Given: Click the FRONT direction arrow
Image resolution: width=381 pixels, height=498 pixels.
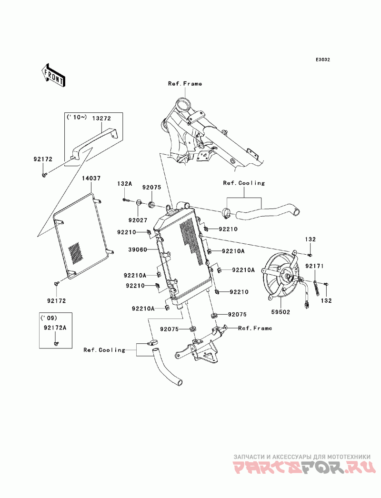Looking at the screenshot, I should pyautogui.click(x=54, y=74).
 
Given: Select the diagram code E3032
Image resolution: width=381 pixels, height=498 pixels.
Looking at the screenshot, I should pyautogui.click(x=322, y=60).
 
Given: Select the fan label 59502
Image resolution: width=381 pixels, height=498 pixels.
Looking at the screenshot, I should pyautogui.click(x=281, y=312).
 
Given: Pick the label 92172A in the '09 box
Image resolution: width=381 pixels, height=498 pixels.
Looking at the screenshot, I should pyautogui.click(x=54, y=328).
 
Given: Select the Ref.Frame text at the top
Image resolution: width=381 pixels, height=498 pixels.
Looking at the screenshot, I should pyautogui.click(x=185, y=84).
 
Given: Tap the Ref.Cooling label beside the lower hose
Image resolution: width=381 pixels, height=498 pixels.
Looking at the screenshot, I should pyautogui.click(x=104, y=350).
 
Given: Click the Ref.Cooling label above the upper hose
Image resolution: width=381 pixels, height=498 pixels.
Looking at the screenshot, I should pyautogui.click(x=244, y=183).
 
